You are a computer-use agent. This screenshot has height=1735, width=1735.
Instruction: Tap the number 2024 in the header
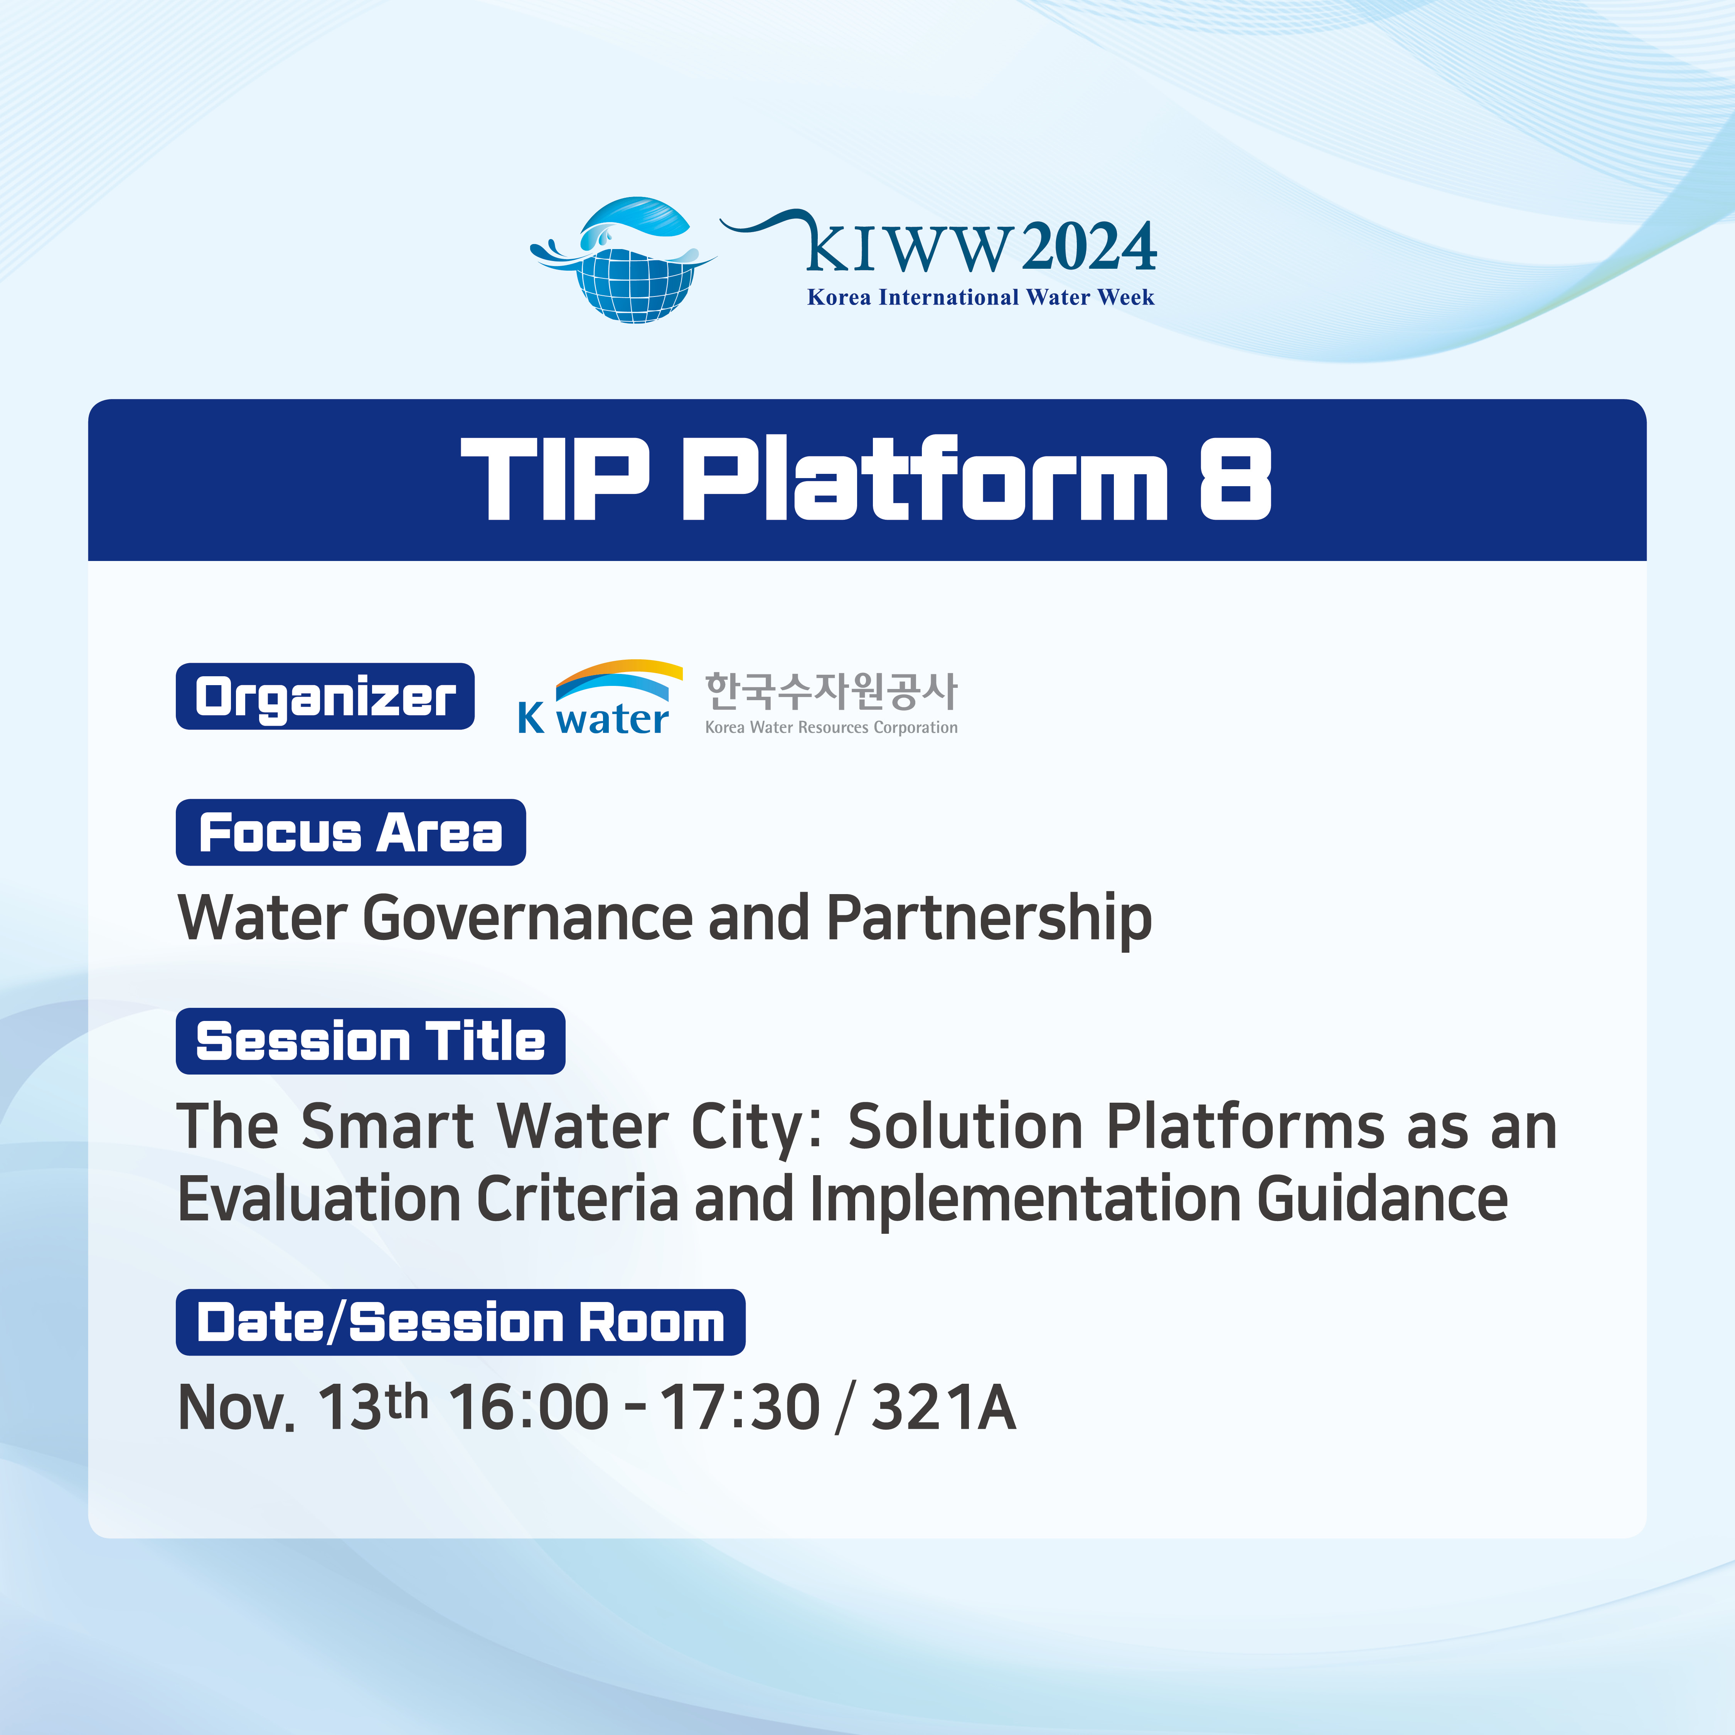[x=1088, y=247]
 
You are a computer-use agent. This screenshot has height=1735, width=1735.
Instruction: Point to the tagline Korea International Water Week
[x=980, y=297]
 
